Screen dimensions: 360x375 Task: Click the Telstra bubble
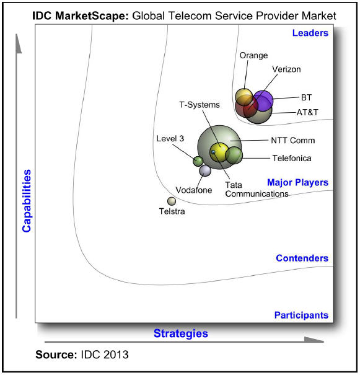tap(172, 201)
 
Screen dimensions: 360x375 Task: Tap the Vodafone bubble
tap(205, 170)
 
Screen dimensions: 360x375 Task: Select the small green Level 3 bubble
tap(198, 161)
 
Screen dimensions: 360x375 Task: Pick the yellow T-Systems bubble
tap(219, 152)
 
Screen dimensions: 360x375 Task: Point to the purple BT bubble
tap(263, 100)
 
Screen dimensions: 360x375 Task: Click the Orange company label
tap(253, 56)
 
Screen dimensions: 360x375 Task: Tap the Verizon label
tap(286, 69)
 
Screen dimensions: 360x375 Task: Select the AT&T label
tap(307, 112)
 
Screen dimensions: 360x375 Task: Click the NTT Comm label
tap(293, 140)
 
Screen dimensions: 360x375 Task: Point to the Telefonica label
tap(292, 158)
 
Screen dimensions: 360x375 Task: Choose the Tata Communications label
tap(257, 190)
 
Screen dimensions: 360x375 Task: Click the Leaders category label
tap(310, 33)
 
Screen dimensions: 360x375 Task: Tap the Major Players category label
tap(297, 182)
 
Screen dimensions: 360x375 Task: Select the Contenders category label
tap(302, 258)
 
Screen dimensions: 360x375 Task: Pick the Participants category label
tap(301, 315)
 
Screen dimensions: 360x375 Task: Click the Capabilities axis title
tap(27, 201)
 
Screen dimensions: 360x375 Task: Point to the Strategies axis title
tap(181, 333)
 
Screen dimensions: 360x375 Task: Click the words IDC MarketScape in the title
tap(81, 16)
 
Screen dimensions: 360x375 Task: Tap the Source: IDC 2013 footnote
tap(82, 355)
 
